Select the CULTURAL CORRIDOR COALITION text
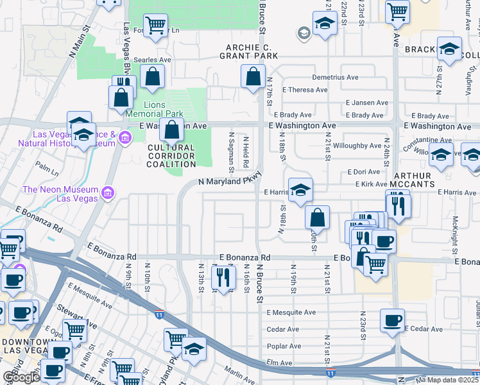point(171,155)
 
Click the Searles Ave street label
point(156,60)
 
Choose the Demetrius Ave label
point(335,77)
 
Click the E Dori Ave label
point(364,172)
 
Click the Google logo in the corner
point(21,377)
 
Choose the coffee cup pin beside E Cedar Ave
point(392,320)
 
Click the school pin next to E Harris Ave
point(300,190)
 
